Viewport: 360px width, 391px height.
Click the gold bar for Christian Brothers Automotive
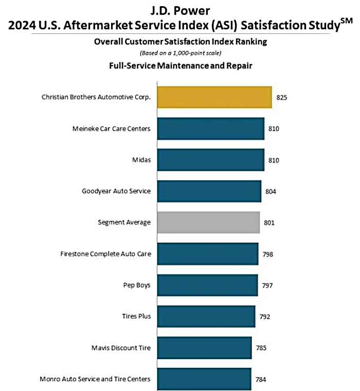pyautogui.click(x=214, y=97)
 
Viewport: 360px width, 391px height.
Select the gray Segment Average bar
pyautogui.click(x=208, y=222)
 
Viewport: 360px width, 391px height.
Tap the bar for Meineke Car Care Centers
pyautogui.click(x=211, y=129)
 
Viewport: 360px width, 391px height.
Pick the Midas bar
pyautogui.click(x=211, y=160)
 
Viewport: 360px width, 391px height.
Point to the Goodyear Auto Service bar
pyautogui.click(x=209, y=191)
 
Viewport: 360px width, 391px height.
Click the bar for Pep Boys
pyautogui.click(x=207, y=285)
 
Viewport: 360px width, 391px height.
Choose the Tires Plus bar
pyautogui.click(x=206, y=316)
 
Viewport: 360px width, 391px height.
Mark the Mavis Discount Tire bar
pyautogui.click(x=205, y=348)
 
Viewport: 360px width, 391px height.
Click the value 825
pyautogui.click(x=282, y=97)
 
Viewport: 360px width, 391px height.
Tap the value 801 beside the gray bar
pyautogui.click(x=270, y=222)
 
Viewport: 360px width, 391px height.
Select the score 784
pyautogui.click(x=261, y=379)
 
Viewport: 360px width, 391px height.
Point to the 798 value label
pyautogui.click(x=268, y=254)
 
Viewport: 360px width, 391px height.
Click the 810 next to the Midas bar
pyautogui.click(x=274, y=160)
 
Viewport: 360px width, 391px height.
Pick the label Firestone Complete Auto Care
pyautogui.click(x=105, y=254)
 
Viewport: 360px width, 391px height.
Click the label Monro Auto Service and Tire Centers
pyautogui.click(x=95, y=379)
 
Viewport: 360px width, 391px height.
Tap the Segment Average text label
pyautogui.click(x=124, y=222)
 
